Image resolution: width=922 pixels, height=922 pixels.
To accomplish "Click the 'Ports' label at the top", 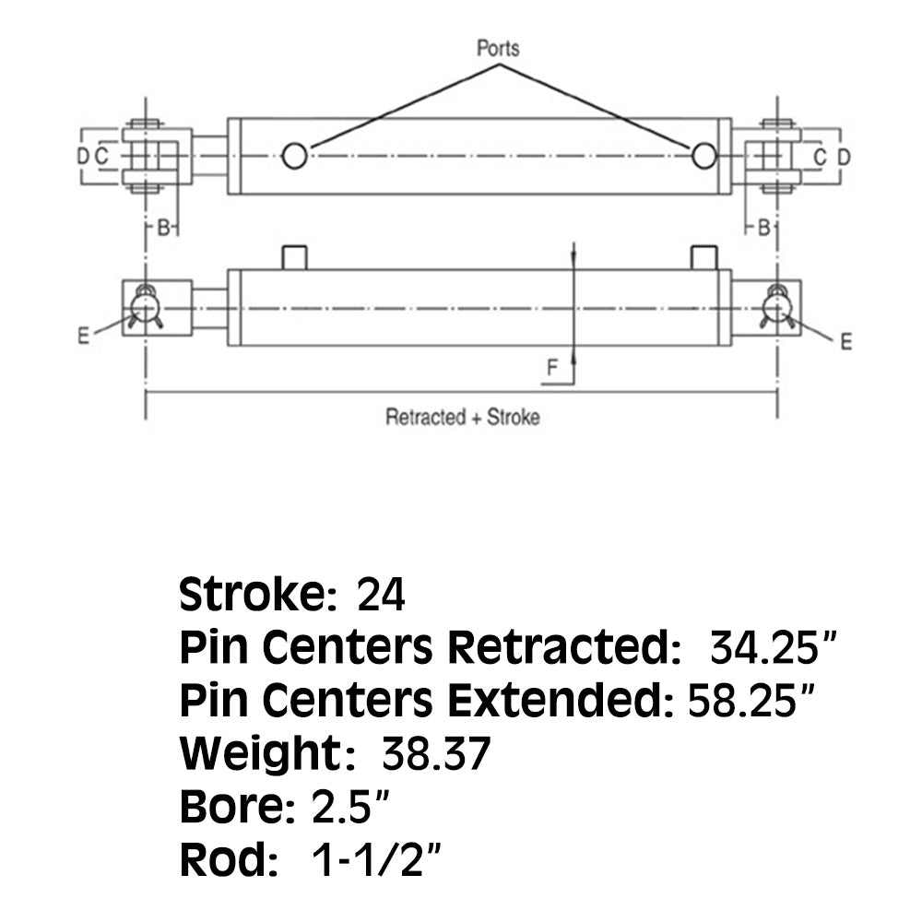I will (x=499, y=48).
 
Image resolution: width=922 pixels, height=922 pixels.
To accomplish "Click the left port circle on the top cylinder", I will (x=294, y=156).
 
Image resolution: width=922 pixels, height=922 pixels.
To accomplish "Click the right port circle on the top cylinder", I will (x=703, y=156).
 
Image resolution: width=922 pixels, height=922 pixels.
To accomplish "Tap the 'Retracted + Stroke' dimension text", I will (x=462, y=417).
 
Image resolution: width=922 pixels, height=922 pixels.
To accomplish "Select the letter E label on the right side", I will (x=845, y=342).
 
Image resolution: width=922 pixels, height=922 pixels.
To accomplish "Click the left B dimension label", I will (x=162, y=228).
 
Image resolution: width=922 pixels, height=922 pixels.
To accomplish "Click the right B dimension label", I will (x=762, y=228).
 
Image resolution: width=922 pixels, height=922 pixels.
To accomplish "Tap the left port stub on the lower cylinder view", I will (x=294, y=257).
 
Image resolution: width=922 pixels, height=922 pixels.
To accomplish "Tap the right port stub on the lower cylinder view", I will (x=703, y=257).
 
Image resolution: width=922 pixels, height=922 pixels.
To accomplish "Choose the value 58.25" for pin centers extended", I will (x=751, y=703).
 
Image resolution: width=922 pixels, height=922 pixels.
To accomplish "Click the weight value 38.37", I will (x=435, y=756).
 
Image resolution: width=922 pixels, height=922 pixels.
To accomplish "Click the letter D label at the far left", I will (x=82, y=157).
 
